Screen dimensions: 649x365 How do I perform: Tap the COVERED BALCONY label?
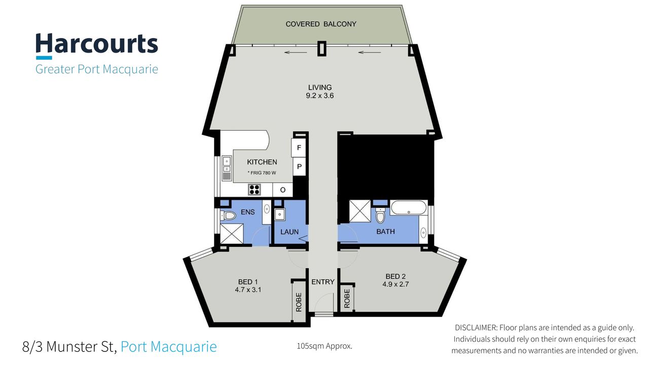321,24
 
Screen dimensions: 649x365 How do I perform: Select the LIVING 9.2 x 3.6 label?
320,91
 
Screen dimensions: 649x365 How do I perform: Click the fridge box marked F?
299,148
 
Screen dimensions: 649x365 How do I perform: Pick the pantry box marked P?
299,167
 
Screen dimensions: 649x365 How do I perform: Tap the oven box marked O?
283,190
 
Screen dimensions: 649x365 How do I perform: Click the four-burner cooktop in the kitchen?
255,190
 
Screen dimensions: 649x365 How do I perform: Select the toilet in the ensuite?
228,215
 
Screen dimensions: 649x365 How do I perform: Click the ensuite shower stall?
232,234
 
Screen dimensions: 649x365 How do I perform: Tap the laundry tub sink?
279,214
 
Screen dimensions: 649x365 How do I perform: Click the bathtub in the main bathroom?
409,208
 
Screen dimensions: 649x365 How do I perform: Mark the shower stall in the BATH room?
360,211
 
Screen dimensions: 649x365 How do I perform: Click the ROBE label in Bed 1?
299,302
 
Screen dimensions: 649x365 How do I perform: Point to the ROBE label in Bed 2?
347,299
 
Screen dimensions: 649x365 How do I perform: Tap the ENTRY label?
323,282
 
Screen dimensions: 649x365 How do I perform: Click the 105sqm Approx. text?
324,346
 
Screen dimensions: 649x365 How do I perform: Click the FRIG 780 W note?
262,173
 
